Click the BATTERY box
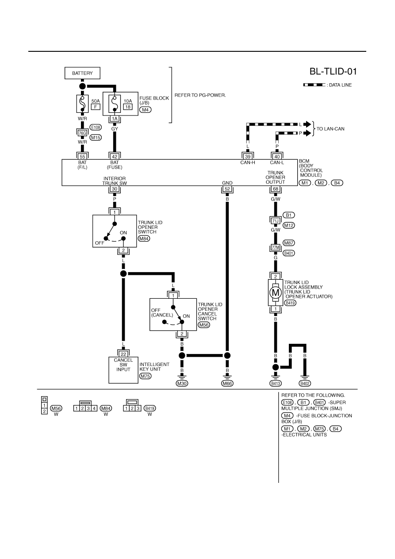[x=82, y=73]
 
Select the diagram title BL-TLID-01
[x=333, y=72]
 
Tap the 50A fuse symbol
[x=82, y=104]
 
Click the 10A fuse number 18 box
[x=128, y=107]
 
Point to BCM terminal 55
[x=82, y=157]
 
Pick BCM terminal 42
[x=115, y=157]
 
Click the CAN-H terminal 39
[x=248, y=157]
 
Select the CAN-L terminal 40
[x=277, y=157]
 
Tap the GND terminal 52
[x=227, y=189]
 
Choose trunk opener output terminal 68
[x=276, y=189]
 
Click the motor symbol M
[x=276, y=292]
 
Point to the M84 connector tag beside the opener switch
[x=144, y=239]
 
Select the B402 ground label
[x=305, y=383]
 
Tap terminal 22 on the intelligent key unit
[x=123, y=354]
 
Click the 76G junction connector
[x=82, y=133]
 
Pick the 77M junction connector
[x=276, y=247]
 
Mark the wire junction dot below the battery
[x=82, y=86]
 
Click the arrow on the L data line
[x=307, y=124]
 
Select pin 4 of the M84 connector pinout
[x=94, y=409]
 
